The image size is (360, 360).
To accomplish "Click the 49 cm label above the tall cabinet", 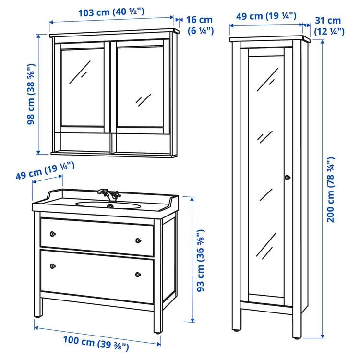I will coord(266,16).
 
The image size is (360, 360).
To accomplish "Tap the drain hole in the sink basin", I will coord(110,207).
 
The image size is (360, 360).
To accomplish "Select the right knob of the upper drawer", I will coord(138,240).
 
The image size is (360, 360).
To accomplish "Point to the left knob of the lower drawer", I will coord(53,265).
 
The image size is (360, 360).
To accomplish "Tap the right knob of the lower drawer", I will coord(138,274).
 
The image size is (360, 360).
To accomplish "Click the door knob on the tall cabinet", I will coord(287,178).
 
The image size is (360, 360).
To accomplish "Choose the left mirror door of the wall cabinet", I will coord(82,86).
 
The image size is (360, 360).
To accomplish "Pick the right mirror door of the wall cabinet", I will coord(139,86).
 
